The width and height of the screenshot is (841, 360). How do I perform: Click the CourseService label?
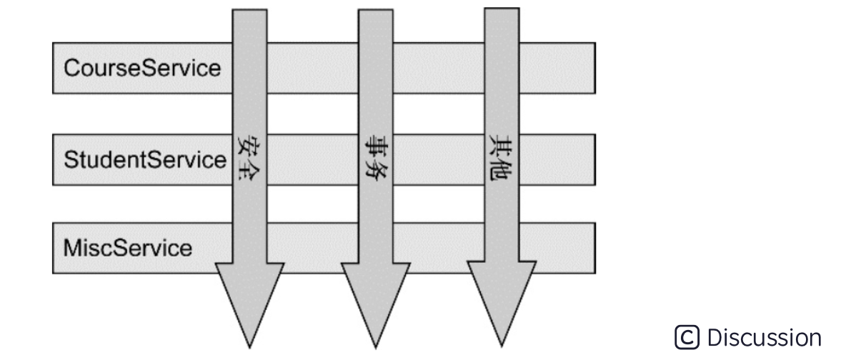point(142,69)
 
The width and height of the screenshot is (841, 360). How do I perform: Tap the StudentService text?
point(145,159)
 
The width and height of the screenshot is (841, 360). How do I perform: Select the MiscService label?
point(128,248)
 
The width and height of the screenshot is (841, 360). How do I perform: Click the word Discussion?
point(763,337)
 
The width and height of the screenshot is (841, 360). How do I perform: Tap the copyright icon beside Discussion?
point(687,337)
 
